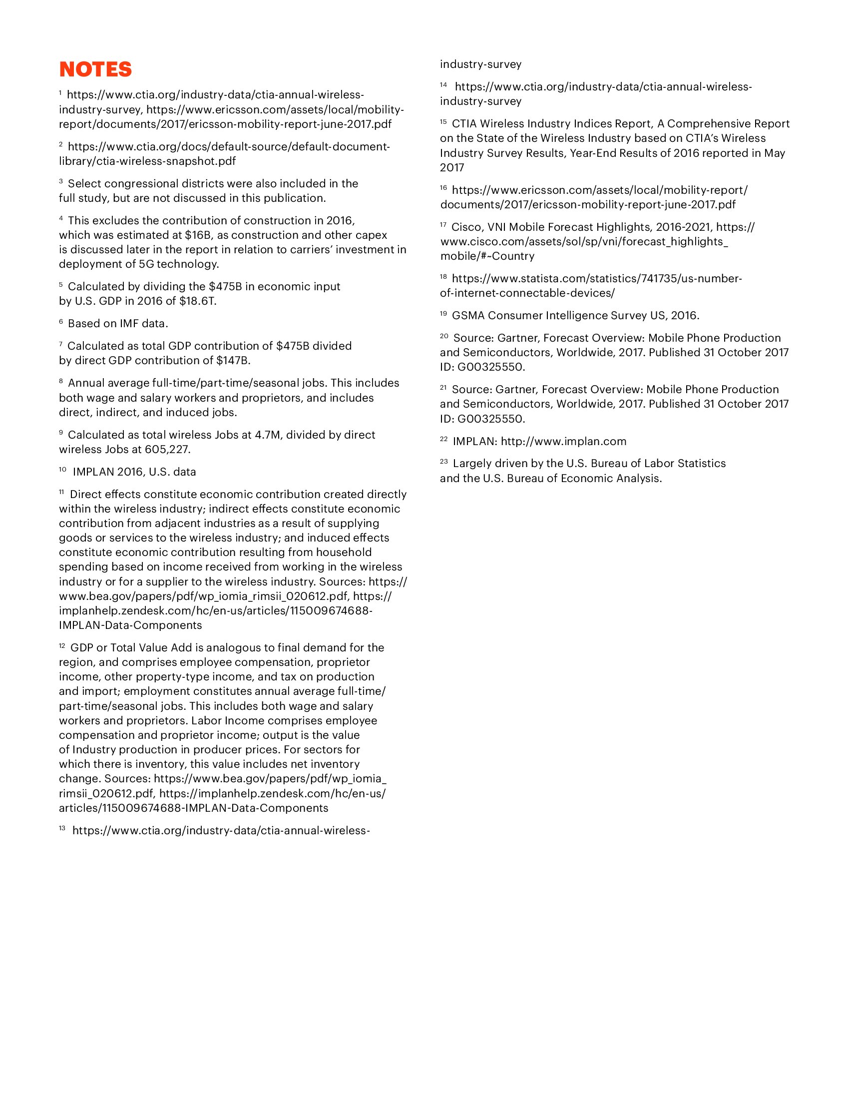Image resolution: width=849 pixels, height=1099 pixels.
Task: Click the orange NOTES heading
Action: [95, 69]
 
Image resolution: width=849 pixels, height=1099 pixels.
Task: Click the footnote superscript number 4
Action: [61, 218]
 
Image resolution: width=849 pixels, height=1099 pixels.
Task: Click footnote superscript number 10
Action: [62, 470]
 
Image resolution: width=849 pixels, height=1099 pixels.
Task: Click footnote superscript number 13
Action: [62, 828]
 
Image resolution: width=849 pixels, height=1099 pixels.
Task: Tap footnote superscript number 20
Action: [443, 336]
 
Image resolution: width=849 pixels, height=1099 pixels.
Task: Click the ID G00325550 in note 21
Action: [490, 419]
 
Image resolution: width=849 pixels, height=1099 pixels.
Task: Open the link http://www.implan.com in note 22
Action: [563, 441]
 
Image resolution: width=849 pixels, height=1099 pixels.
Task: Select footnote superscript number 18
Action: [443, 276]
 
